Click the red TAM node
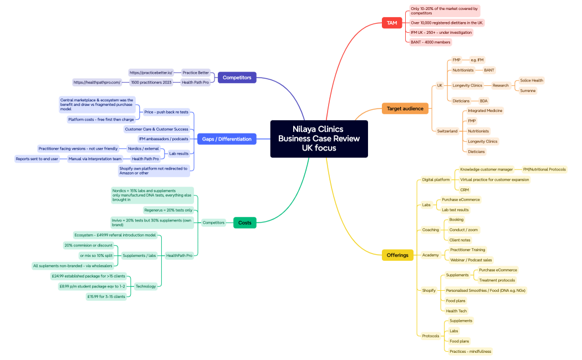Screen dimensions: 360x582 (392, 23)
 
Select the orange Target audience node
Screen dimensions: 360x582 (405, 109)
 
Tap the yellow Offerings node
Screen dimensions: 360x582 (397, 255)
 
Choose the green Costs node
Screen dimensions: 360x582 (244, 223)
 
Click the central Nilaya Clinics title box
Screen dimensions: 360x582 (319, 138)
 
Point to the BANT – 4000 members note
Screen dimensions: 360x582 (430, 42)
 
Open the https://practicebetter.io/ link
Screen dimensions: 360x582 (151, 73)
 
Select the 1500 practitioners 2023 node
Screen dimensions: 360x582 (151, 83)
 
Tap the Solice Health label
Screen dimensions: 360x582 (532, 80)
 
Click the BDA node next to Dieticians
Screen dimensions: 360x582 (483, 101)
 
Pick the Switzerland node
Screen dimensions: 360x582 (447, 131)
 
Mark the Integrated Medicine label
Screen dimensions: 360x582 (485, 111)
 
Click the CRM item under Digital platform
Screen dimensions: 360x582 (464, 189)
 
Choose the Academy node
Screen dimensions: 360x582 (430, 255)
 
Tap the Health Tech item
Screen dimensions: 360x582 (456, 311)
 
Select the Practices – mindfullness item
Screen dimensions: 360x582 (470, 351)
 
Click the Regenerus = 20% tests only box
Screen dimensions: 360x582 (168, 210)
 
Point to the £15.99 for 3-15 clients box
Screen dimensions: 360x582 (105, 296)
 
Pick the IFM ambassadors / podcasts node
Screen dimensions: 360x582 (164, 139)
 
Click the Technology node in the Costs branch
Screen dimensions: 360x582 (146, 286)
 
